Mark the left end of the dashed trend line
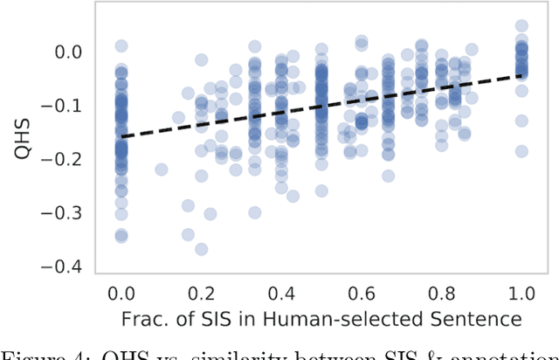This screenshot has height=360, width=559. pyautogui.click(x=121, y=137)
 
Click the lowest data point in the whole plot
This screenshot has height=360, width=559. pyautogui.click(x=202, y=249)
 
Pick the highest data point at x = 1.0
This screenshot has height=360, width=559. pyautogui.click(x=521, y=27)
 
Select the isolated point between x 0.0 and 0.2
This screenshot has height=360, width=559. pyautogui.click(x=162, y=170)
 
